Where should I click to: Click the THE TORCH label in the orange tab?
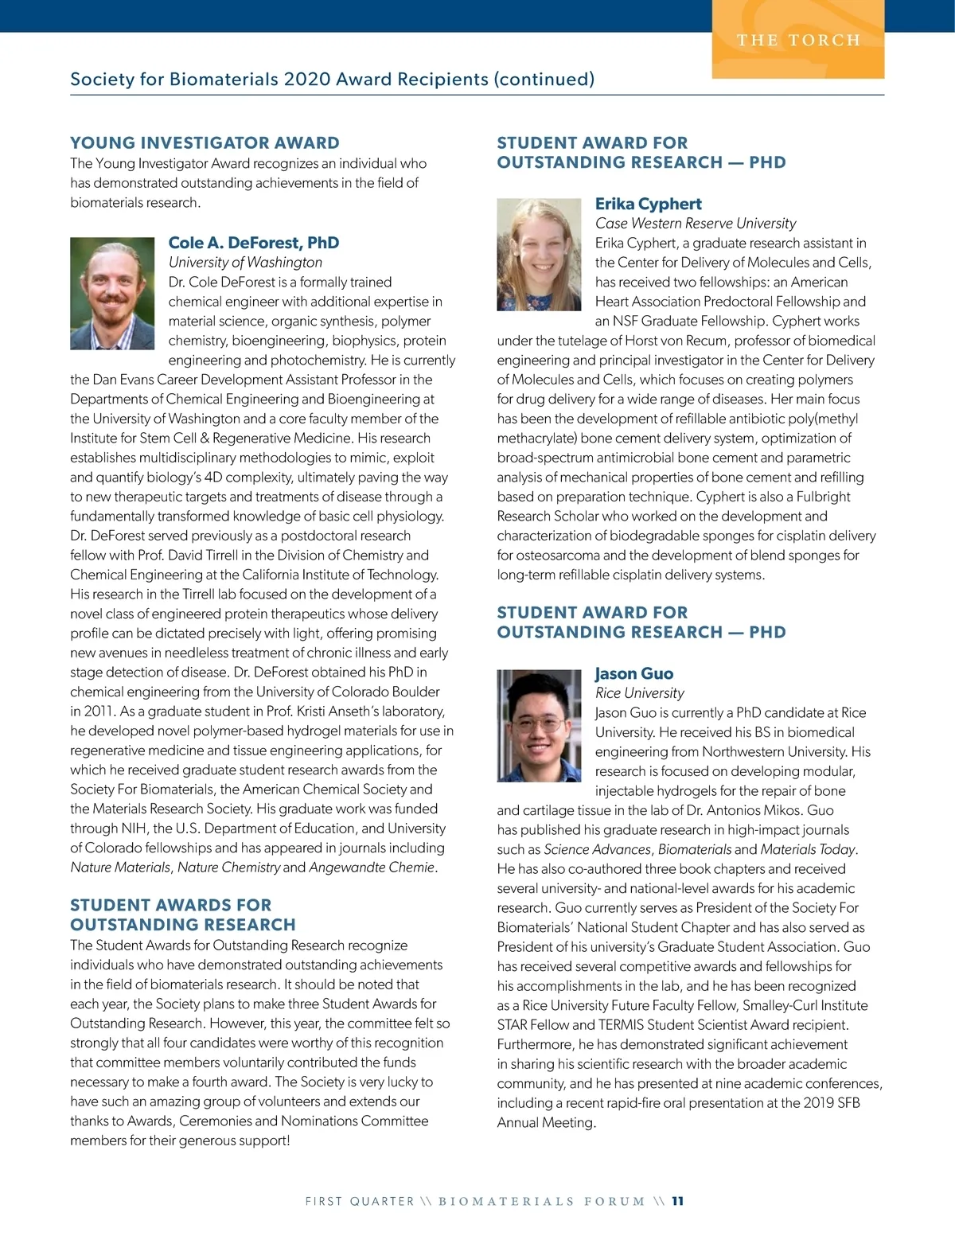[x=798, y=41]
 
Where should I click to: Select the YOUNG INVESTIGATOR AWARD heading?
[x=205, y=143]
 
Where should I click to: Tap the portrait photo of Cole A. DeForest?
[x=112, y=283]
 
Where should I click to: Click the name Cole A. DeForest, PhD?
[x=254, y=243]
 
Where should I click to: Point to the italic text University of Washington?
[x=245, y=263]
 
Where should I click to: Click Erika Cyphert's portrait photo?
[x=539, y=255]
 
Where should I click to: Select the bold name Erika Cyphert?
[x=648, y=204]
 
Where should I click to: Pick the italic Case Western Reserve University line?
[x=696, y=224]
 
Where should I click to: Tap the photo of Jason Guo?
[x=539, y=725]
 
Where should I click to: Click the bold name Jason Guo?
[x=633, y=673]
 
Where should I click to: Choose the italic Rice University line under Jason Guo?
[x=639, y=693]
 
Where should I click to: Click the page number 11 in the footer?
[x=677, y=1201]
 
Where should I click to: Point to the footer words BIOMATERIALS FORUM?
[x=541, y=1201]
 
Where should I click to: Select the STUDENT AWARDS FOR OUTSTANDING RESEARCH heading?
[x=182, y=914]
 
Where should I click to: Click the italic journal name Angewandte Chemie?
[x=372, y=868]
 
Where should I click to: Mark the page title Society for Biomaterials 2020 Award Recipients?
[x=332, y=79]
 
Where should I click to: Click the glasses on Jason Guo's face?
[x=539, y=725]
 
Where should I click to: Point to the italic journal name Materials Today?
[x=807, y=850]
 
